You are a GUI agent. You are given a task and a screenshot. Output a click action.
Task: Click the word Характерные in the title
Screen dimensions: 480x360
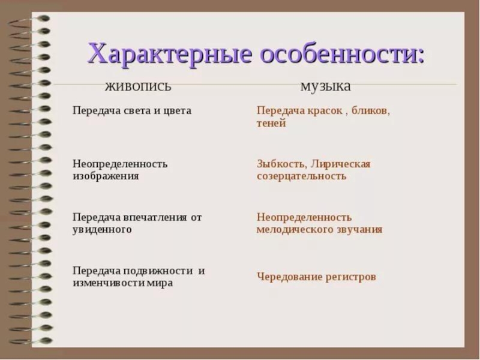coord(170,53)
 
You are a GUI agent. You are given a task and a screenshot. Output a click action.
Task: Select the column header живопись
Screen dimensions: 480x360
coord(138,87)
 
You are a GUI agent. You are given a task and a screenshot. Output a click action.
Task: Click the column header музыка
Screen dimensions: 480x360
coord(325,86)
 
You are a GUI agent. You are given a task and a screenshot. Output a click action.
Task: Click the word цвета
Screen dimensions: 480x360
coord(177,111)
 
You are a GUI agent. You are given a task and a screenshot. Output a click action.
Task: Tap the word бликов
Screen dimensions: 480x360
coord(371,111)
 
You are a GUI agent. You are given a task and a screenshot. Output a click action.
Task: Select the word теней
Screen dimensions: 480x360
coord(271,124)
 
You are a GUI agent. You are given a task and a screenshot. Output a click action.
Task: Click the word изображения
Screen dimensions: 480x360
coord(106,176)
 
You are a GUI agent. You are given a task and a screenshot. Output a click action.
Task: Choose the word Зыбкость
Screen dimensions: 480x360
coord(281,164)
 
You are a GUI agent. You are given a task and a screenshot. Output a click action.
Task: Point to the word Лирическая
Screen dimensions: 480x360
coord(340,164)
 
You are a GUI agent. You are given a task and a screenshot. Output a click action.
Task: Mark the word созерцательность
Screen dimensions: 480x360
coord(302,176)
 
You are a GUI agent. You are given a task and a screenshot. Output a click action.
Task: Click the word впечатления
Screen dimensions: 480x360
coord(155,217)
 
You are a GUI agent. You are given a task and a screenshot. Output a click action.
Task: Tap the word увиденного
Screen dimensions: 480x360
coord(102,230)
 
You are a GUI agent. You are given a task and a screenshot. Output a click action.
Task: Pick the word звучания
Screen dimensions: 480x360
coord(359,230)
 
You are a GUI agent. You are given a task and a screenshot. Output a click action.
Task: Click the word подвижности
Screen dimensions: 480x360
coord(158,271)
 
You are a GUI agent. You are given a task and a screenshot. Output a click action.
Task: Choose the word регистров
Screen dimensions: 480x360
coord(351,277)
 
